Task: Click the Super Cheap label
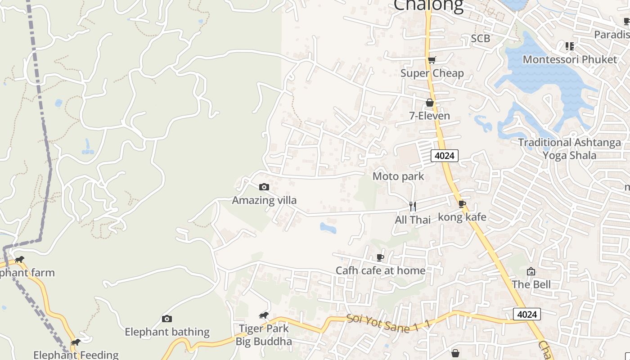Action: (432, 73)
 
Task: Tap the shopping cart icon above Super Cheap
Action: (432, 60)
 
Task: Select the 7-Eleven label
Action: (429, 116)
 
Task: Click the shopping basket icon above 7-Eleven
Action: (430, 103)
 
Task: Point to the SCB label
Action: (480, 39)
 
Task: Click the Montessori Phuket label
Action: (570, 59)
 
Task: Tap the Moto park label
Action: (398, 176)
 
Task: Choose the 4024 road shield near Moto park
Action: (444, 156)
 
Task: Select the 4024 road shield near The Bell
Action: (526, 314)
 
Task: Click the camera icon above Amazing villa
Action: (264, 187)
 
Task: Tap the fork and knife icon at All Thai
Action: (412, 207)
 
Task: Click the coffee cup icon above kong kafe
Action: (462, 204)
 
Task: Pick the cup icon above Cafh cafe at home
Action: (380, 258)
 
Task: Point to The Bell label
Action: (531, 284)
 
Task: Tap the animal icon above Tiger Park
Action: (264, 315)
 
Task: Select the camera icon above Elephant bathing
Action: (167, 319)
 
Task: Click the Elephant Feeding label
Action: (76, 355)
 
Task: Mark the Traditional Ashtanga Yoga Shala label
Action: (569, 149)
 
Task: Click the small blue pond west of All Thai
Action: (328, 228)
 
